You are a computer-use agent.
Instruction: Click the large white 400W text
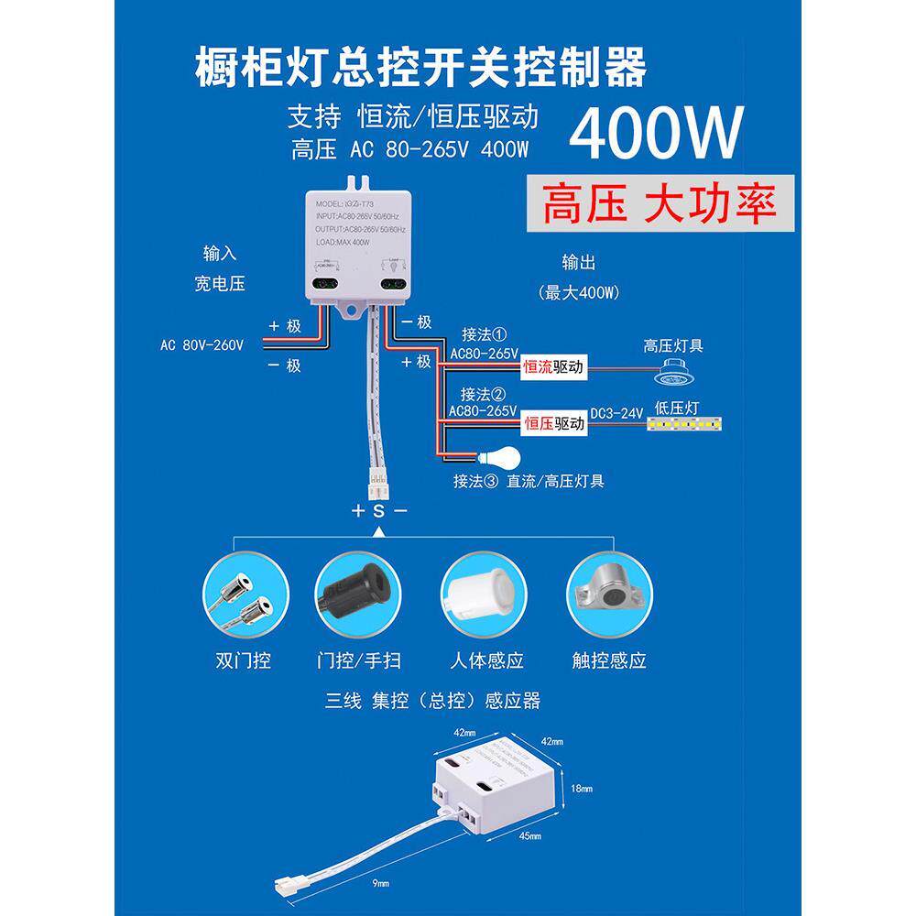coord(655,133)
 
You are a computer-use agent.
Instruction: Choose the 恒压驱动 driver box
coord(552,424)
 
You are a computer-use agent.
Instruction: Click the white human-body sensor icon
coord(482,591)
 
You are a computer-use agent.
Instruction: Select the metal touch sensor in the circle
coord(608,591)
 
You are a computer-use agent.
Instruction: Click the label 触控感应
coord(609,660)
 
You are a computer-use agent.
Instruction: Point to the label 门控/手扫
coord(358,660)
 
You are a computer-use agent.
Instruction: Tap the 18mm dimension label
coord(580,789)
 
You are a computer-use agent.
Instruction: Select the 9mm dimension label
coord(381,883)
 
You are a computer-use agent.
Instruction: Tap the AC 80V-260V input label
coord(202,345)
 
